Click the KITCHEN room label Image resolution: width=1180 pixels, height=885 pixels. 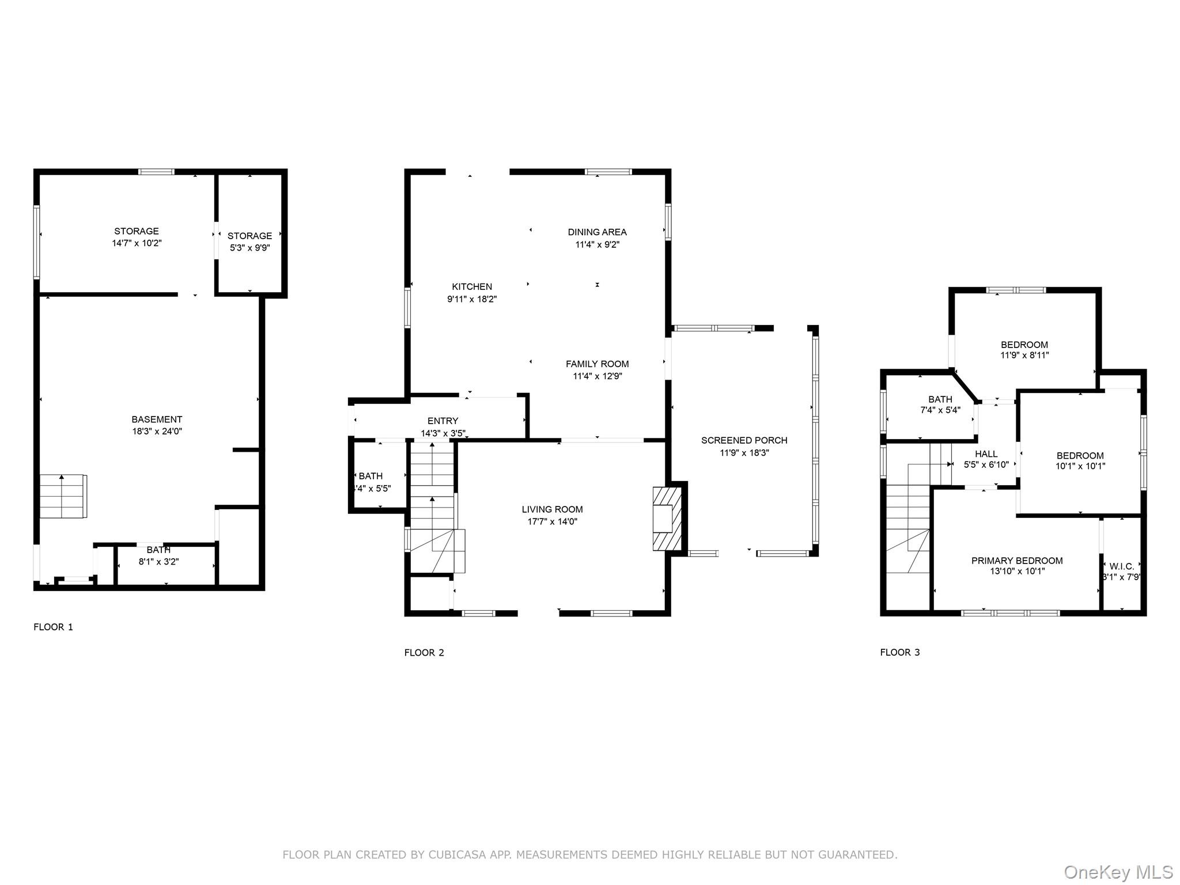pyautogui.click(x=472, y=287)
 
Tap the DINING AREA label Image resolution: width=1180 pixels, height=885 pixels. pyautogui.click(x=597, y=232)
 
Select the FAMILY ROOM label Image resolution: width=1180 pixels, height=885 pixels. pyautogui.click(x=597, y=364)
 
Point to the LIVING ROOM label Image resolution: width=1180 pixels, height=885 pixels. pyautogui.click(x=552, y=509)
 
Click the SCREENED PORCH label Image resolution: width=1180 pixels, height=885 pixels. pyautogui.click(x=744, y=440)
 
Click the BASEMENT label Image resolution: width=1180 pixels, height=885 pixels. pyautogui.click(x=157, y=419)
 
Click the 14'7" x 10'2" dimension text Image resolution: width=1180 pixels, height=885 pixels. pyautogui.click(x=137, y=243)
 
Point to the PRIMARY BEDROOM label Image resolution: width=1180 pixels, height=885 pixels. pyautogui.click(x=1017, y=561)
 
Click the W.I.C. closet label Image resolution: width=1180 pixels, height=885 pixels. pyautogui.click(x=1122, y=566)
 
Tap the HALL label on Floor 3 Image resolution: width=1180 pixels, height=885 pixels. pyautogui.click(x=986, y=454)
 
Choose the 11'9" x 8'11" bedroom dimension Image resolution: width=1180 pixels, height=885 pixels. pyautogui.click(x=1024, y=355)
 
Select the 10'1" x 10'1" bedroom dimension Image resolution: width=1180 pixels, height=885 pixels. pyautogui.click(x=1080, y=466)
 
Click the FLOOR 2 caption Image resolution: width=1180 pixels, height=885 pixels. pyautogui.click(x=424, y=653)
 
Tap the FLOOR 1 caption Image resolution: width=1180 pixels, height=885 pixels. pyautogui.click(x=54, y=627)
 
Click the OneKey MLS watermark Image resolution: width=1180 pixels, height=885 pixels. pyautogui.click(x=1118, y=872)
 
